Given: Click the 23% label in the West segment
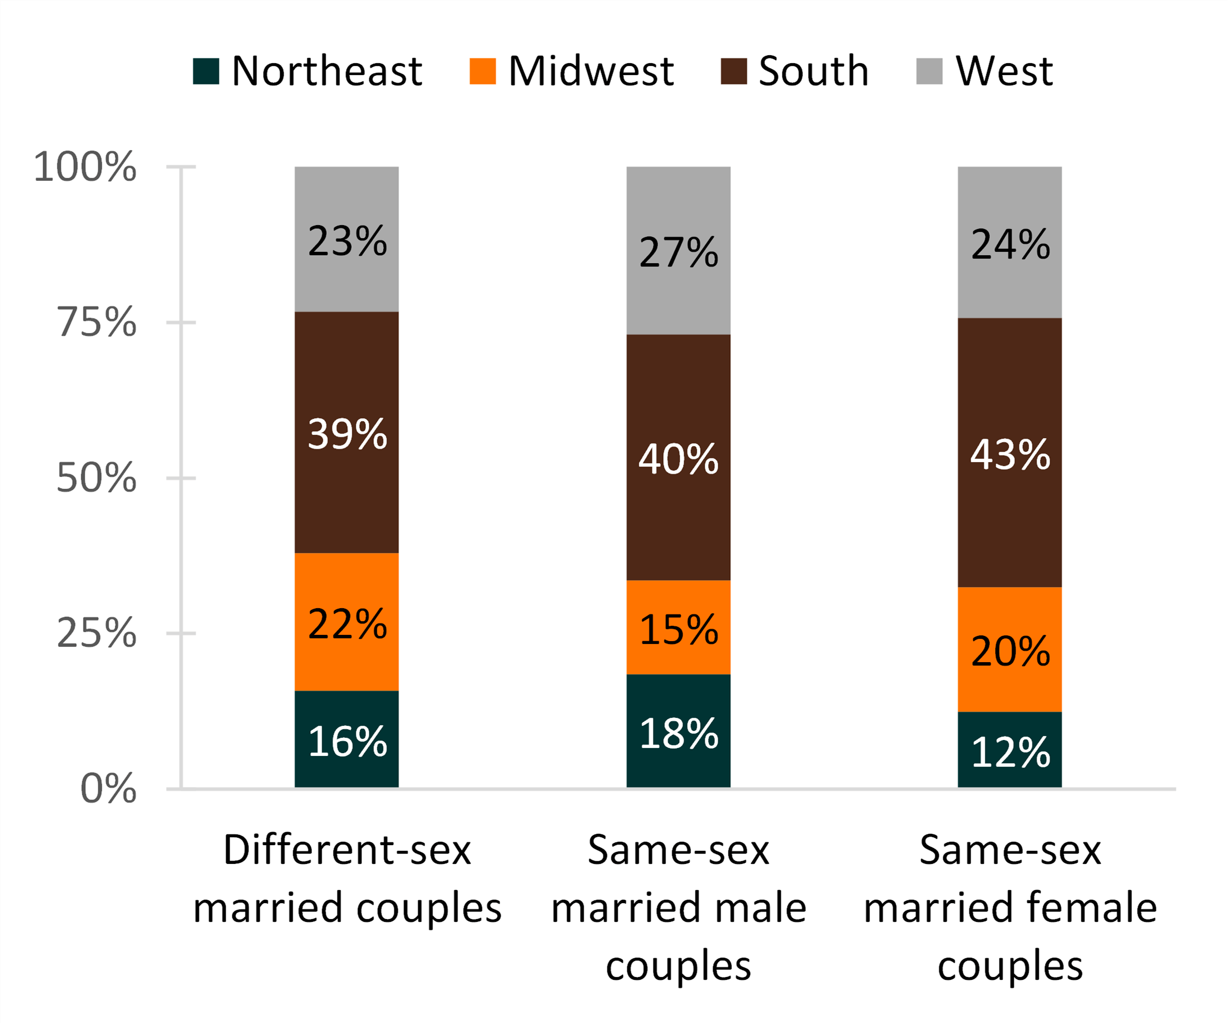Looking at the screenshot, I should coord(347,241).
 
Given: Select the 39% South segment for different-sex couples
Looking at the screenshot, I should coord(347,433).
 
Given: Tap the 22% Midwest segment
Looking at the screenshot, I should coord(347,622).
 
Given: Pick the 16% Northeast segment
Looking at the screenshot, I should coord(347,739).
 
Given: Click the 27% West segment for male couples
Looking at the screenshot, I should coord(678,252).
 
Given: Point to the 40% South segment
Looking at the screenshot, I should coord(678,458).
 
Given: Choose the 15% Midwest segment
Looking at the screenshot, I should coord(678,628).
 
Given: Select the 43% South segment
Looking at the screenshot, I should coord(1010,454).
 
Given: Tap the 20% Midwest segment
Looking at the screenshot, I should coord(1010,650).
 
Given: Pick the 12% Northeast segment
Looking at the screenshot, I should coord(1010,750).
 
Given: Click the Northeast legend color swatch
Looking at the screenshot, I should coord(206,72).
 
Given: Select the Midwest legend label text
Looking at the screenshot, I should coord(591,72).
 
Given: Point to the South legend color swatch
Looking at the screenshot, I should coord(734,72).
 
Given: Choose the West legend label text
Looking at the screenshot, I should coord(1004,72).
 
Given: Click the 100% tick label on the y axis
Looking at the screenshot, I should coord(85,167).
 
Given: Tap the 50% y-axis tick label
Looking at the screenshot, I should coord(97,478).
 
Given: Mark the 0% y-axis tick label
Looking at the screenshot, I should coord(108,788).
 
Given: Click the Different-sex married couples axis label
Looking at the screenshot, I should coord(347,879).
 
